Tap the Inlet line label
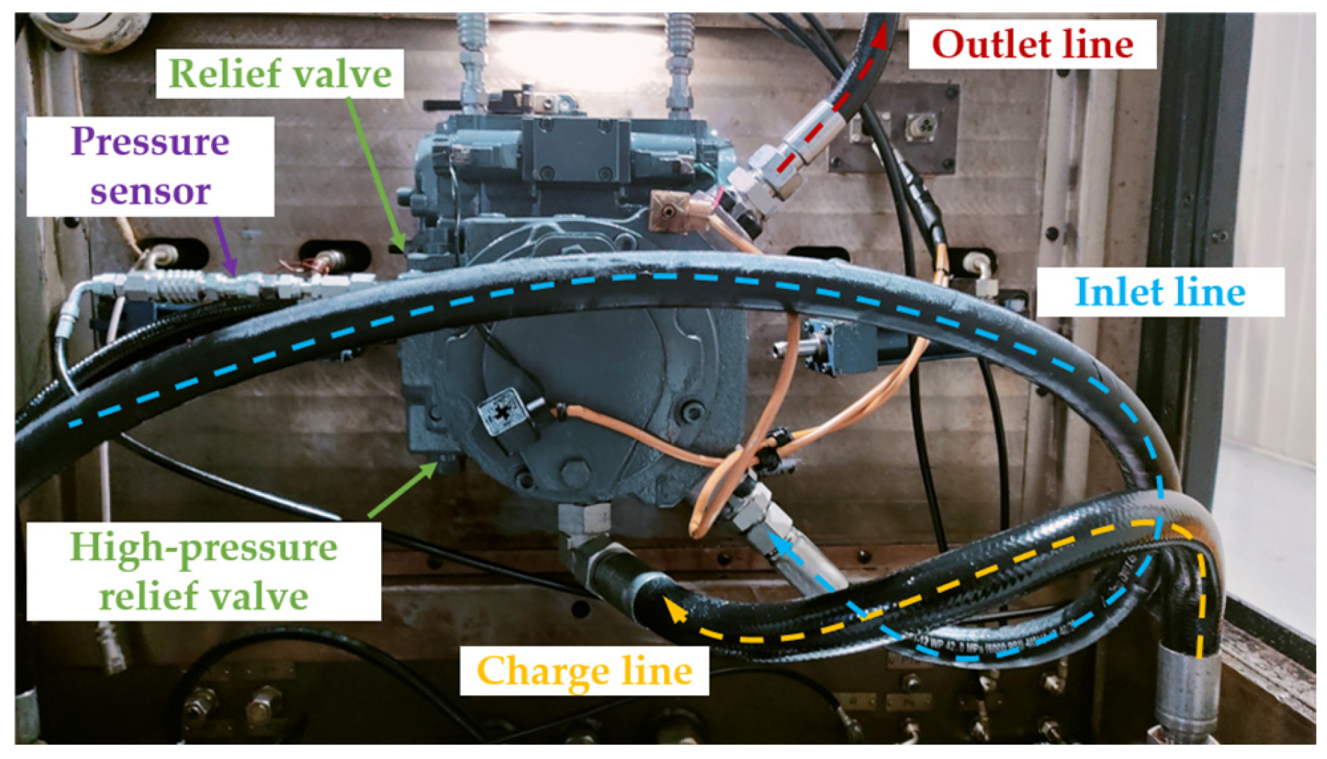click(1159, 292)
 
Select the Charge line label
click(584, 670)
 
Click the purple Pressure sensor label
click(150, 167)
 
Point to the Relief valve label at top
click(280, 73)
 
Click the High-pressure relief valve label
click(203, 571)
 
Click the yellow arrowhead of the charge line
click(675, 609)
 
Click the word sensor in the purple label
click(150, 191)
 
